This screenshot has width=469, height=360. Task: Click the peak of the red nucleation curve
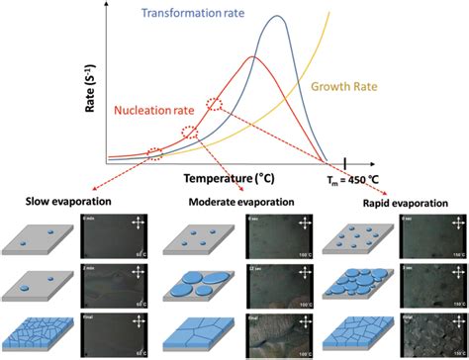click(x=252, y=58)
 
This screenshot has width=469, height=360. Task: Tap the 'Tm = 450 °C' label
click(x=352, y=180)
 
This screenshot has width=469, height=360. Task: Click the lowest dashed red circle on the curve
click(x=155, y=152)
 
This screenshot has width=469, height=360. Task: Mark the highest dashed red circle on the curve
click(x=214, y=103)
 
